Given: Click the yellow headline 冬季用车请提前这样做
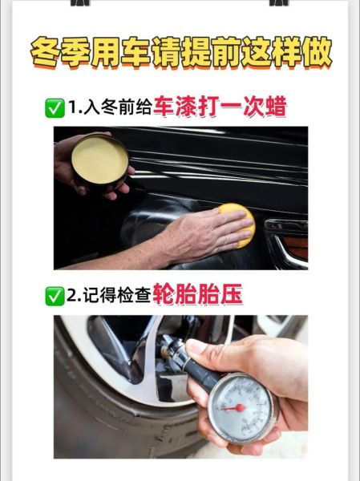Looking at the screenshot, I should tap(180, 53).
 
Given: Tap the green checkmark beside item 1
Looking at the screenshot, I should tap(55, 107).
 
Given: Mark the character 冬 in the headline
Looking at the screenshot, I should tap(46, 53).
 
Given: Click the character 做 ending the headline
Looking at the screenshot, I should tap(314, 53).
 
